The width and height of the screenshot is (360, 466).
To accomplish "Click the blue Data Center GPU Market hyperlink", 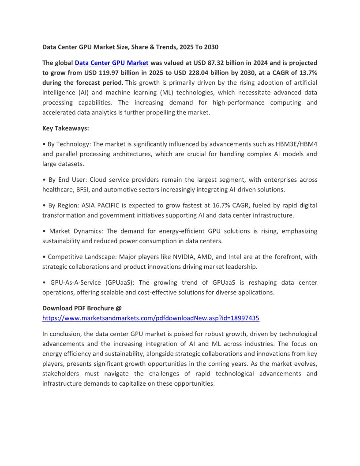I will pyautogui.click(x=112, y=63).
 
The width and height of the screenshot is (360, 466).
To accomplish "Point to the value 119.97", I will pyautogui.click(x=99, y=73).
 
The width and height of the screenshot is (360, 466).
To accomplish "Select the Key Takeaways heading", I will pyautogui.click(x=66, y=128).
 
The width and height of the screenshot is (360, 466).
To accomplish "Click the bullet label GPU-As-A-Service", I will pyautogui.click(x=75, y=282).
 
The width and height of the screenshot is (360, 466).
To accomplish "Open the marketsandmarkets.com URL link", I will pyautogui.click(x=150, y=318).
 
